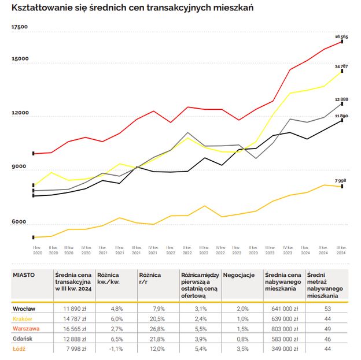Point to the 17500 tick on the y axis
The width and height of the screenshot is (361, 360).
pyautogui.click(x=20, y=27)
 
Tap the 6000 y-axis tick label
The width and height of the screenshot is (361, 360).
pyautogui.click(x=20, y=222)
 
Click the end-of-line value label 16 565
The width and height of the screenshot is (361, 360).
pyautogui.click(x=341, y=36)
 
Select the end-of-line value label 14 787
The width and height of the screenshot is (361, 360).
pyautogui.click(x=341, y=66)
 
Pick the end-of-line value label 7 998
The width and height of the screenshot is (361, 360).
pyautogui.click(x=341, y=181)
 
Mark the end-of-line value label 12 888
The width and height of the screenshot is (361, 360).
pyautogui.click(x=341, y=99)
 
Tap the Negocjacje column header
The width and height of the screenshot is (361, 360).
pyautogui.click(x=239, y=275)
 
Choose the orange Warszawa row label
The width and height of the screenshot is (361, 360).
pyautogui.click(x=27, y=329)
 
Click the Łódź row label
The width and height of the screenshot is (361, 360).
pyautogui.click(x=20, y=349)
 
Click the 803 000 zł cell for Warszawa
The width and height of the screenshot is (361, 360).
pyautogui.click(x=284, y=329)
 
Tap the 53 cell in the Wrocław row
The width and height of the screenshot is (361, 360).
pyautogui.click(x=327, y=309)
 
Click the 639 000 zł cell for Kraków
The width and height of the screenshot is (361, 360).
pyautogui.click(x=284, y=319)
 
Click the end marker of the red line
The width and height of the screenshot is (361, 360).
pyautogui.click(x=342, y=42)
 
